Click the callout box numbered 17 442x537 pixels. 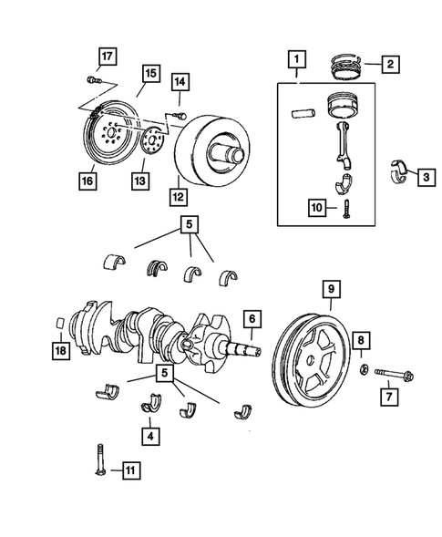click(x=107, y=57)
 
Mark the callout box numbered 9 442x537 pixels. click(x=330, y=291)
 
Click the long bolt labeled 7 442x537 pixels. click(x=393, y=373)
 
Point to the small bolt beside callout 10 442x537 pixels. click(x=347, y=209)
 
